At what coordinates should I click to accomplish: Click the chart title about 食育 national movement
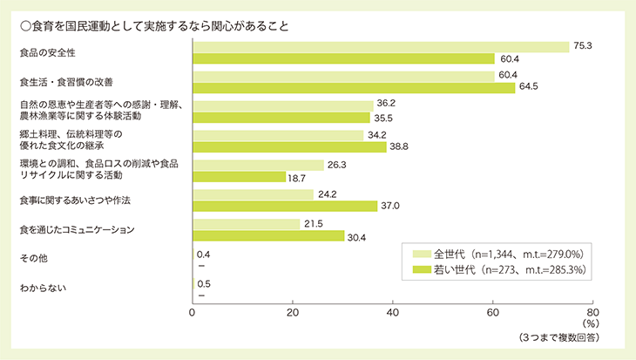click(x=152, y=25)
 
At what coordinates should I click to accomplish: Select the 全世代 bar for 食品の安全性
click(x=380, y=47)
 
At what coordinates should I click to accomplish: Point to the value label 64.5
click(x=528, y=87)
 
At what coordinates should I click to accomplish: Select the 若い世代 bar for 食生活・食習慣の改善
click(x=353, y=87)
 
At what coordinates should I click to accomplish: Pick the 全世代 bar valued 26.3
click(x=257, y=165)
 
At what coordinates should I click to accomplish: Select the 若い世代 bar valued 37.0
click(x=284, y=206)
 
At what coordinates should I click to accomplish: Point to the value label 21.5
click(x=312, y=224)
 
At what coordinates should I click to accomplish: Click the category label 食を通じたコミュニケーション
click(x=79, y=229)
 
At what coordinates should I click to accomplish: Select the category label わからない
click(x=43, y=287)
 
